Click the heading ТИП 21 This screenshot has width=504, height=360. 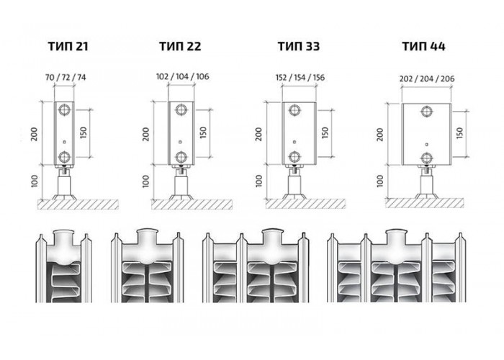click(x=68, y=46)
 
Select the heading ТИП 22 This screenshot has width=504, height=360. click(x=180, y=46)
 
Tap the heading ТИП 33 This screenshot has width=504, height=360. click(x=299, y=46)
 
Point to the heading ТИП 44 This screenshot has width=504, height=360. click(x=423, y=46)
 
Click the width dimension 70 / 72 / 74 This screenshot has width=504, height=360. click(x=66, y=78)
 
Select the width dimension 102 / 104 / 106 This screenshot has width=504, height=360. click(x=182, y=76)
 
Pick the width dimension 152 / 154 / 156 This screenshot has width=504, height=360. click(x=300, y=78)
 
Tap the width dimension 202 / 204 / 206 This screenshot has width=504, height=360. click(x=427, y=78)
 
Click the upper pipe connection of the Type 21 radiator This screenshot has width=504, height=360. click(x=65, y=110)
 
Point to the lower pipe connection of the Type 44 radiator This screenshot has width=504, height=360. click(x=426, y=158)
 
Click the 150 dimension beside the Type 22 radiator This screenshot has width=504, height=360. click(x=203, y=132)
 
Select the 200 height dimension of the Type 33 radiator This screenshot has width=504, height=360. click(x=259, y=134)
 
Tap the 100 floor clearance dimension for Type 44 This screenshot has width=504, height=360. click(x=380, y=181)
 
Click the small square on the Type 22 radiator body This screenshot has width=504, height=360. click(x=180, y=142)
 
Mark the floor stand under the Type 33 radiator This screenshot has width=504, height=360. click(x=294, y=183)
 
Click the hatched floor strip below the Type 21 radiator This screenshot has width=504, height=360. click(x=78, y=204)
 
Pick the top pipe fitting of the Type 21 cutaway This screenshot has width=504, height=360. click(x=63, y=238)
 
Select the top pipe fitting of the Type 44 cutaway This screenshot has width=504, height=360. click(x=396, y=237)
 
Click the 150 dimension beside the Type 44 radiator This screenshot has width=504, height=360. click(x=460, y=132)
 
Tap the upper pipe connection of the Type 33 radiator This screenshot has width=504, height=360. click(x=294, y=110)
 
